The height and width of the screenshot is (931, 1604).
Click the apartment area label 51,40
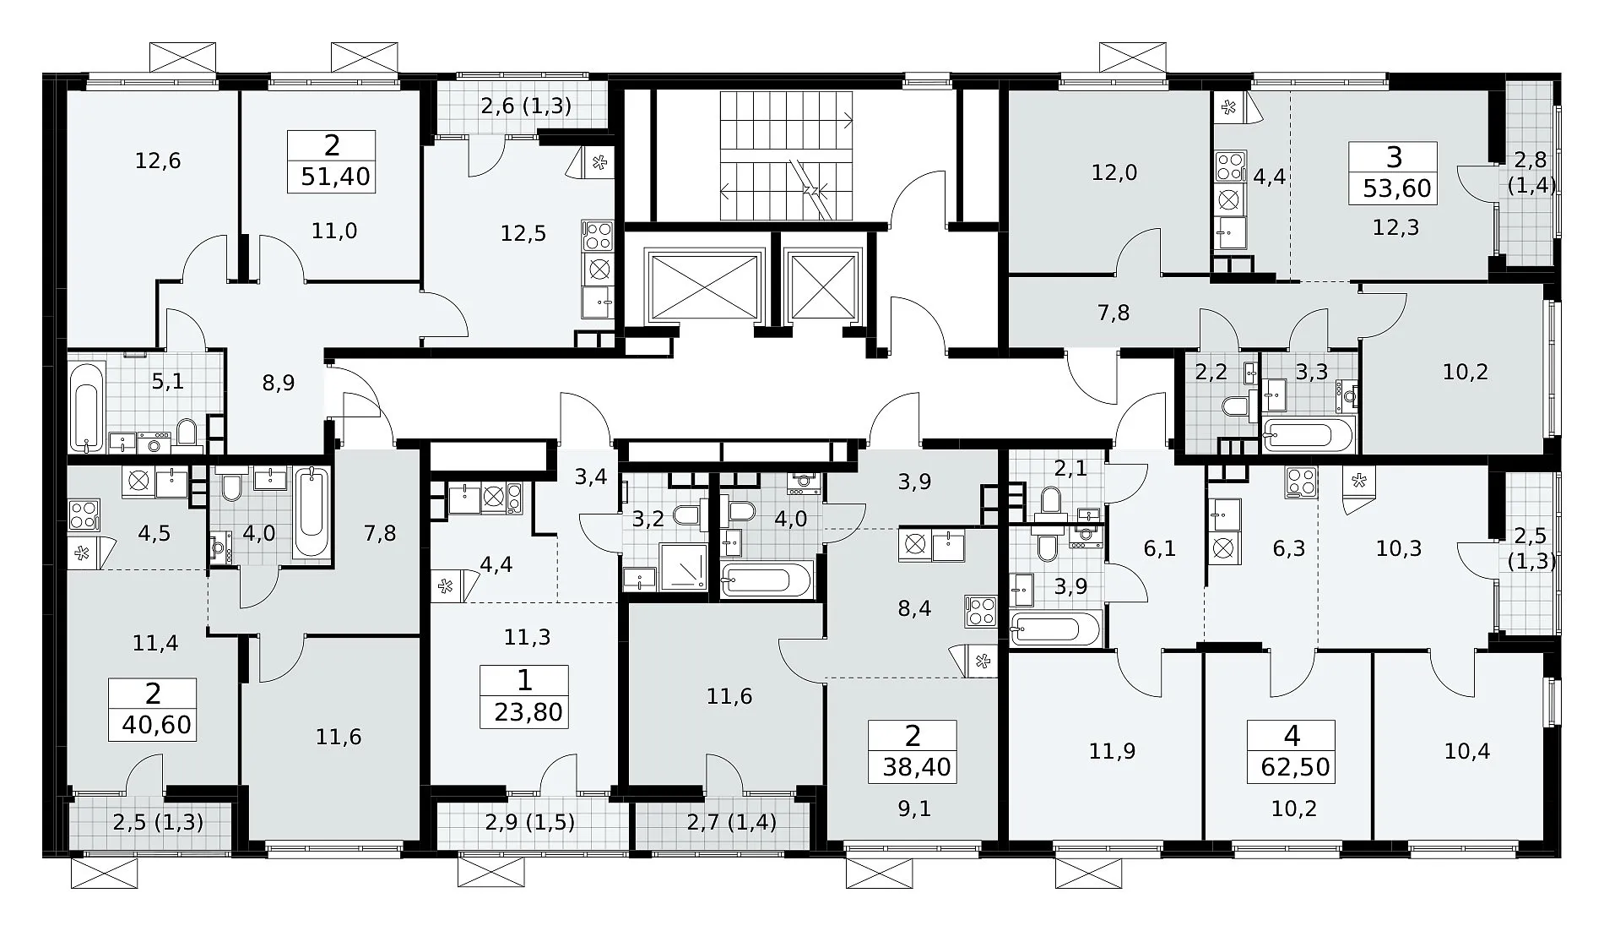pos(336,178)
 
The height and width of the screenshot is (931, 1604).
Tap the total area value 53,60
pos(1397,188)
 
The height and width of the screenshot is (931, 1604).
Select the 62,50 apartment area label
pos(1292,766)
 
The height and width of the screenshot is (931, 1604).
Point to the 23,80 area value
pos(528,712)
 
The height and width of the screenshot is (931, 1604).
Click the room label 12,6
pos(159,161)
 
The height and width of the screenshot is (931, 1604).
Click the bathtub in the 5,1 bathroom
pos(87,406)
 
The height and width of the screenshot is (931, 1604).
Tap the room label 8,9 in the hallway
pos(278,383)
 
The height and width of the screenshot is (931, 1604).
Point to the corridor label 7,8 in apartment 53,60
pos(1114,313)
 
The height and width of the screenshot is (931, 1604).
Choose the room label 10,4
pos(1466,751)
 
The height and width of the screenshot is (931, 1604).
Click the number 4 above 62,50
pos(1292,736)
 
